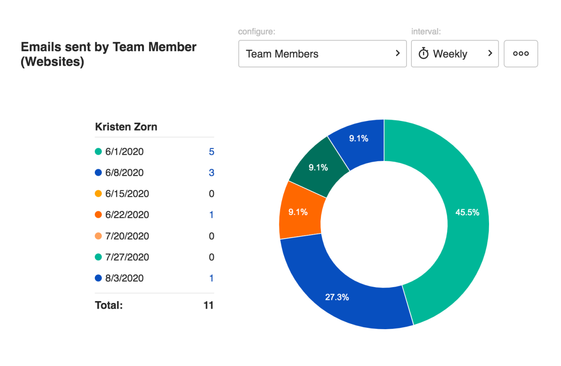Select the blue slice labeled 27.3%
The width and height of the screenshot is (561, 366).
pyautogui.click(x=337, y=297)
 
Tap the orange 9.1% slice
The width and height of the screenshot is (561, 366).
pyautogui.click(x=298, y=212)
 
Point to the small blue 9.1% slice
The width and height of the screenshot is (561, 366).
pyautogui.click(x=359, y=139)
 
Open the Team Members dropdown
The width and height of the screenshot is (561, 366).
pyautogui.click(x=322, y=54)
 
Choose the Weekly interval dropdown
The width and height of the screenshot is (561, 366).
pyautogui.click(x=454, y=54)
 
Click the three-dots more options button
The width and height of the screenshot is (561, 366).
pyautogui.click(x=521, y=54)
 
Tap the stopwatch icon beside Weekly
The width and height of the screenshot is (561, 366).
pyautogui.click(x=423, y=54)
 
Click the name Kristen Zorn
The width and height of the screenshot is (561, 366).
pyautogui.click(x=126, y=127)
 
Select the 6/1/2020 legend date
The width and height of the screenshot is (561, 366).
pyautogui.click(x=124, y=152)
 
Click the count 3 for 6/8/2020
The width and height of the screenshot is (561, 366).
pyautogui.click(x=212, y=173)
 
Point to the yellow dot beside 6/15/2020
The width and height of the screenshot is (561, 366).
pyautogui.click(x=98, y=194)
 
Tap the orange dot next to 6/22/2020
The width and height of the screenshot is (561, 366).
pyautogui.click(x=98, y=215)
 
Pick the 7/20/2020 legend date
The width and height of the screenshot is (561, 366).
pyautogui.click(x=127, y=236)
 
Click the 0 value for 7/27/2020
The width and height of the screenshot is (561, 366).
pyautogui.click(x=212, y=257)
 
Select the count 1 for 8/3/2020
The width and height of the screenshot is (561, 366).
pyautogui.click(x=212, y=278)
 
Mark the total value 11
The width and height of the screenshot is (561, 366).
pyautogui.click(x=209, y=305)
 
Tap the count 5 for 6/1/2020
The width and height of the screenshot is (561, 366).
pyautogui.click(x=212, y=152)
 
